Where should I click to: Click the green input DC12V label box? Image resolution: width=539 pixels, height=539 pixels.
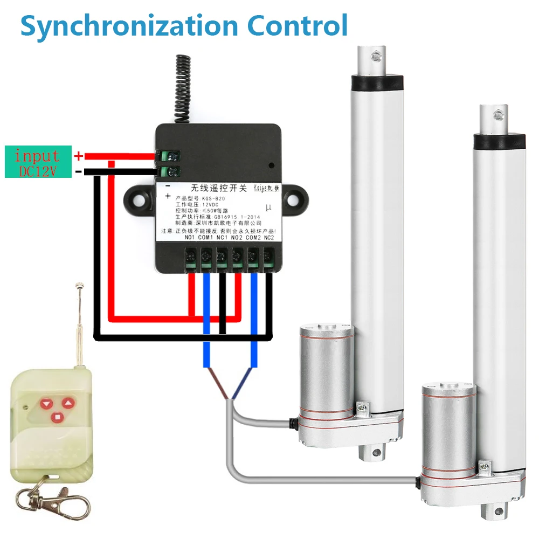[38, 162]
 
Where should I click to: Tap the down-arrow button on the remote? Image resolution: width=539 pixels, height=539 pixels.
[47, 402]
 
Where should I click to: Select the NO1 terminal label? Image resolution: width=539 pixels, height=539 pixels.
[189, 238]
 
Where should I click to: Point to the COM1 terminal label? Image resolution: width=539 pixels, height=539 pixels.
[205, 238]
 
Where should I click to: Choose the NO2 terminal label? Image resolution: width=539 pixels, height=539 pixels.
[237, 238]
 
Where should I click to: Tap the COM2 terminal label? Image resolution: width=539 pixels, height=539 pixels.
[253, 238]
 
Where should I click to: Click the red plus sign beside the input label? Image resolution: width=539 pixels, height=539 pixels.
[79, 156]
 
